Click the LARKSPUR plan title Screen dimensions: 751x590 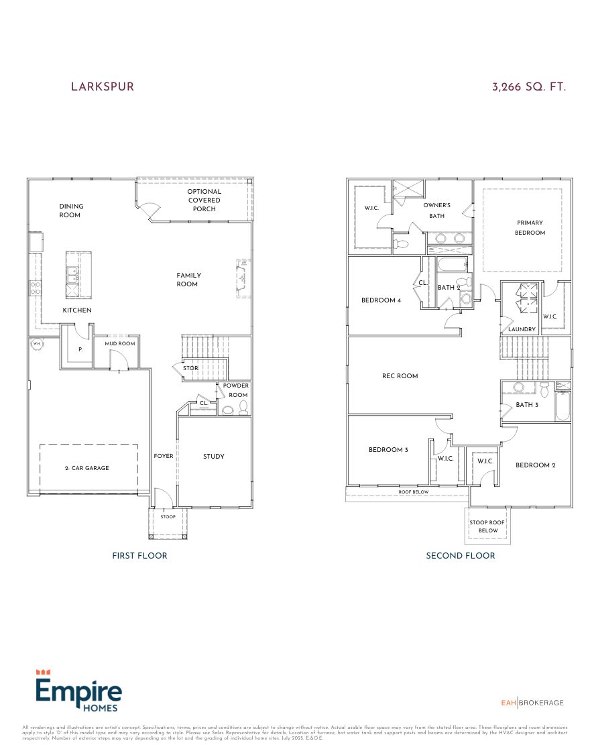tap(103, 87)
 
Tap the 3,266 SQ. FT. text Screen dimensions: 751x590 tap(529, 87)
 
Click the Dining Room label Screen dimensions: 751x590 tap(71, 211)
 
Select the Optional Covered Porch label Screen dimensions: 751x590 tap(204, 200)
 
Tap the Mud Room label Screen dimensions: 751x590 tap(119, 343)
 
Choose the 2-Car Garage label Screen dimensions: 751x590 tap(88, 468)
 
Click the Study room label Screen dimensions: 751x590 tap(214, 457)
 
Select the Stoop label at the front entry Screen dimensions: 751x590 tap(168, 517)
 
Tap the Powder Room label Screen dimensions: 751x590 tap(236, 390)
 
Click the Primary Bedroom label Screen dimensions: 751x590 tap(530, 227)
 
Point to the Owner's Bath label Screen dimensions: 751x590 tap(436, 211)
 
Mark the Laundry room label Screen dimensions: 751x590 tap(522, 329)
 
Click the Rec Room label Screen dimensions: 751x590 tap(400, 376)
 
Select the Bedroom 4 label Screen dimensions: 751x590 tap(381, 300)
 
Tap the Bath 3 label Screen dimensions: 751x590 tap(527, 405)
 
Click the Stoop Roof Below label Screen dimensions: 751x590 tap(488, 526)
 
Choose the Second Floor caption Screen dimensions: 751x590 tap(461, 555)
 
